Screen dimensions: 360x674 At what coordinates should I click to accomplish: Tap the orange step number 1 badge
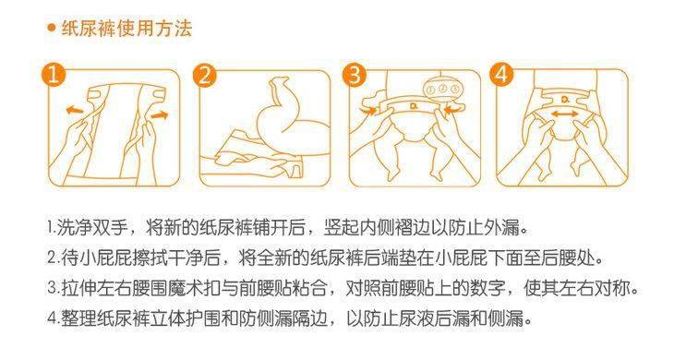click(x=57, y=76)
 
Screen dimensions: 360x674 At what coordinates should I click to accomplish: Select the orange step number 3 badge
click(x=357, y=76)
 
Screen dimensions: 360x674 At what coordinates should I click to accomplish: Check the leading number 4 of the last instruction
click(x=50, y=320)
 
